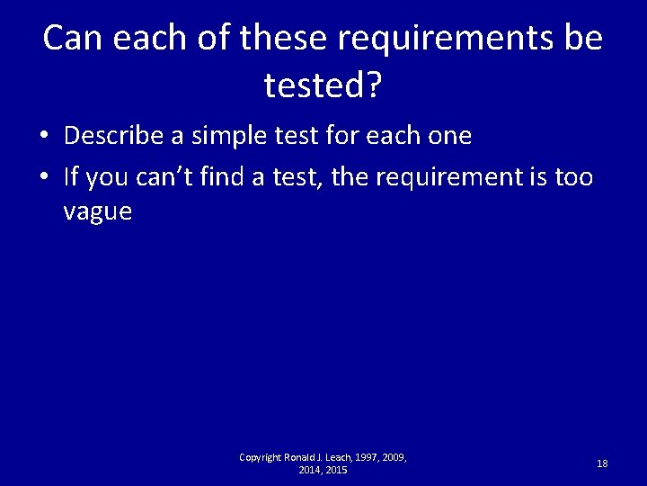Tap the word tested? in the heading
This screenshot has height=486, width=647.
click(x=323, y=87)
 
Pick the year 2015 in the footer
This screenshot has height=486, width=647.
click(x=335, y=471)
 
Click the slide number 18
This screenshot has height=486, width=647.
click(x=602, y=463)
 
